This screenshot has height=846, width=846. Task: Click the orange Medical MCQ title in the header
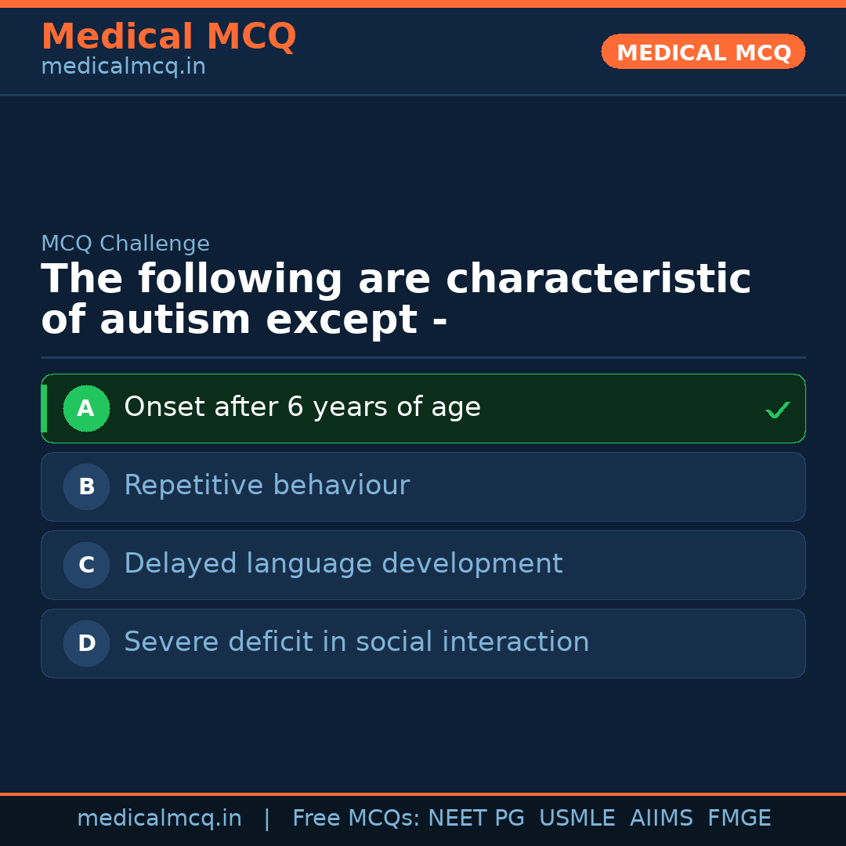(168, 37)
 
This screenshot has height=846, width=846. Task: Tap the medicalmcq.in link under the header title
(123, 67)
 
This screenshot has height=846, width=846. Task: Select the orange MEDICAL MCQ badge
(703, 52)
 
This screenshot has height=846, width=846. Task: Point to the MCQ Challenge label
(125, 244)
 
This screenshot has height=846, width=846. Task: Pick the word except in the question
(342, 320)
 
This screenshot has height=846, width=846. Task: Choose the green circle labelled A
(86, 408)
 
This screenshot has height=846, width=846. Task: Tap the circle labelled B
(86, 486)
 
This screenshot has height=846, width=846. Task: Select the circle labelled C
(86, 565)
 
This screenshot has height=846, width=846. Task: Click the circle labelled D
(86, 643)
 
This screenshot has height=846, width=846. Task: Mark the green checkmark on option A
(777, 410)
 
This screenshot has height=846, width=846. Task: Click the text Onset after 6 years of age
(302, 407)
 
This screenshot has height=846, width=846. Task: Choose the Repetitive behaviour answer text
(266, 486)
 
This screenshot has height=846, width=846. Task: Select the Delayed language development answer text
(343, 564)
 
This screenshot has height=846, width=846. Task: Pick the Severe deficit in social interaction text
(356, 642)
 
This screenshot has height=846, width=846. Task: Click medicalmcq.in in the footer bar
(159, 819)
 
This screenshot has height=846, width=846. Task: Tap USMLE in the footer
(577, 819)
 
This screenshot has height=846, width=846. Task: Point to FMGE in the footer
(739, 819)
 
